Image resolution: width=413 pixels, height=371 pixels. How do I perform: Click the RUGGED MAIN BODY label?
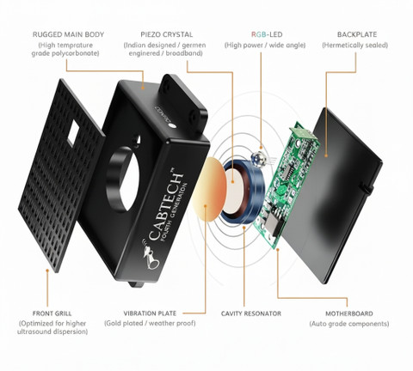point(68,34)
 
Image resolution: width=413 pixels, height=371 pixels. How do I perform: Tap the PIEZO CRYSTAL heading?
point(167,34)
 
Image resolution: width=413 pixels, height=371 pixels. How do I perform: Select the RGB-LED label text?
point(267,34)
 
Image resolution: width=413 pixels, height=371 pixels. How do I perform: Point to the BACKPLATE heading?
point(357,34)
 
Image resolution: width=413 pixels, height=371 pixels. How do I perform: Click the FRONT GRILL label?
point(52,313)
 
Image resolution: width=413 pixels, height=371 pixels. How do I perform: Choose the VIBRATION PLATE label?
point(150,313)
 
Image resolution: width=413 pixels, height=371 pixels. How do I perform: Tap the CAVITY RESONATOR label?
point(251,313)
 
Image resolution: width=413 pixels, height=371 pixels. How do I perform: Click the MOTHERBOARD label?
point(349,313)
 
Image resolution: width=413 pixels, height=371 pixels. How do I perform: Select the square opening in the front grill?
point(73,132)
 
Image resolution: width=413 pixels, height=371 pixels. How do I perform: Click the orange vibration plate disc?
point(209,189)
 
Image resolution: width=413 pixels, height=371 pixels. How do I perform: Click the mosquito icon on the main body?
point(151,256)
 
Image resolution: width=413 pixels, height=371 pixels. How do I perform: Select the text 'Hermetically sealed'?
point(355,46)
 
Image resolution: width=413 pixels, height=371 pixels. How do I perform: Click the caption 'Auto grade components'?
point(349,324)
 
